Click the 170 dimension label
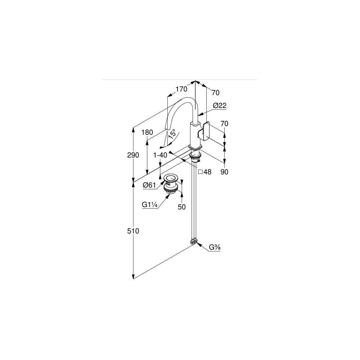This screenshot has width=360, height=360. (x=181, y=89)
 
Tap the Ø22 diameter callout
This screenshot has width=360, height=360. (x=220, y=106)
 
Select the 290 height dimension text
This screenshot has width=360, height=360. (x=133, y=155)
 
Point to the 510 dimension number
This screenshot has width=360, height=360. (x=133, y=231)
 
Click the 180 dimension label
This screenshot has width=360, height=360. (x=147, y=132)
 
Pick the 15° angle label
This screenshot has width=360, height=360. (x=172, y=134)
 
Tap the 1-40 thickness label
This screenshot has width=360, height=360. (x=160, y=155)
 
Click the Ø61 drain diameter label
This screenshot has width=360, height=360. (x=149, y=185)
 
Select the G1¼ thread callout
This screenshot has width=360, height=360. (x=150, y=205)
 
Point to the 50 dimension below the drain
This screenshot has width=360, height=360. (x=181, y=207)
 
